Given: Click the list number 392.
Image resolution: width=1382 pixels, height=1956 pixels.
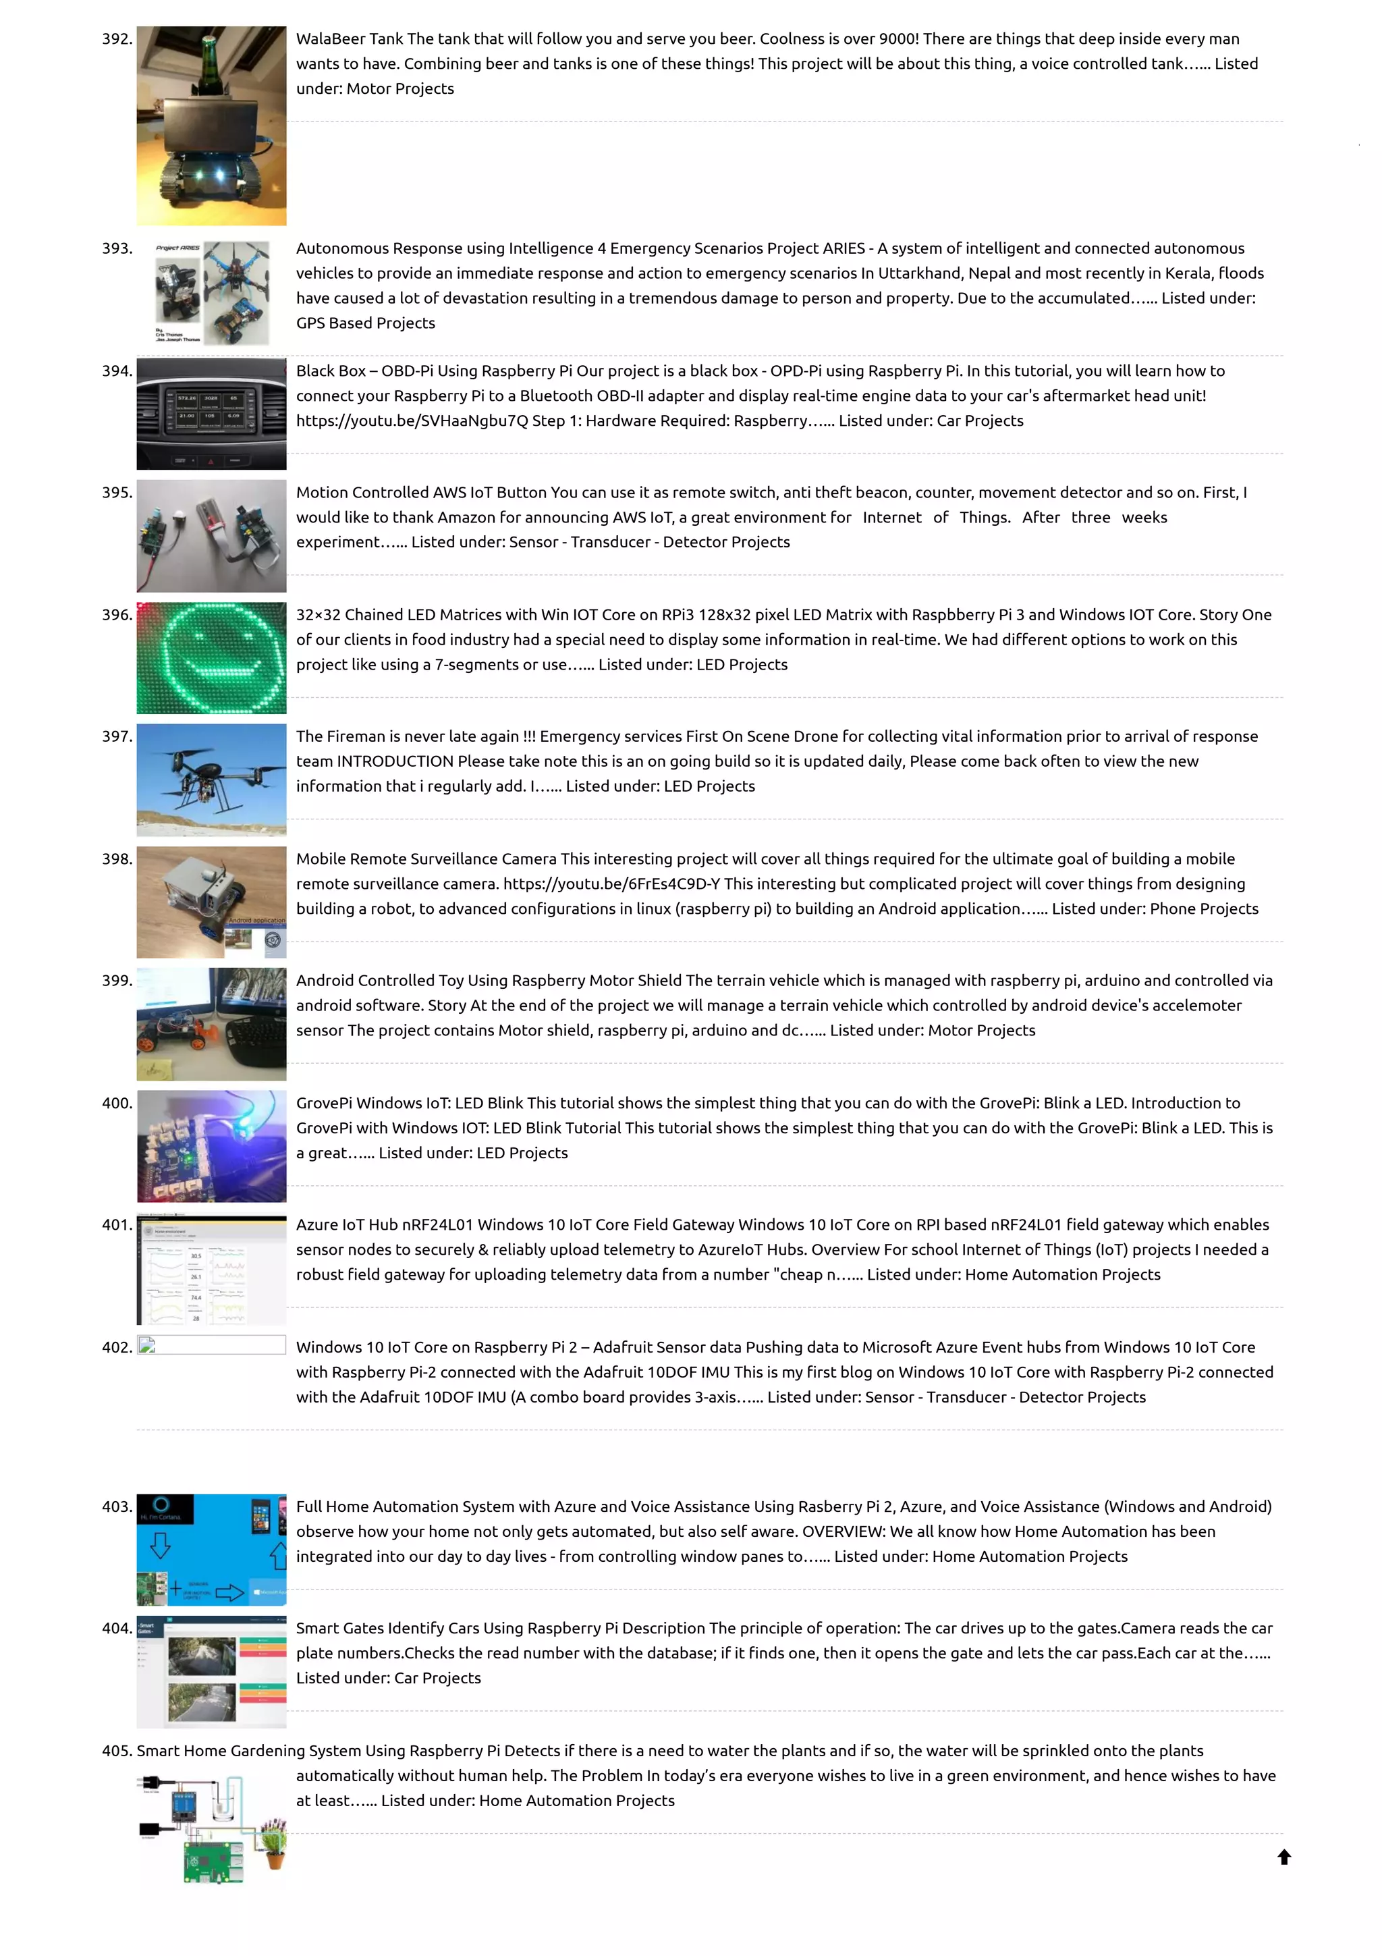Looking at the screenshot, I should coord(117,39).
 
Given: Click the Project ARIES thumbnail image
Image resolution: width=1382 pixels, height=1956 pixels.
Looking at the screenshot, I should coord(211,292).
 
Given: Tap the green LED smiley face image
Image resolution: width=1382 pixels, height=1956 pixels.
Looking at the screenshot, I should coord(211,657).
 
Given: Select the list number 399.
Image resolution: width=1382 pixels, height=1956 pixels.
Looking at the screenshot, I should coord(117,981).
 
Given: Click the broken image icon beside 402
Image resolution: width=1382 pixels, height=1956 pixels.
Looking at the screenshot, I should coord(147,1346).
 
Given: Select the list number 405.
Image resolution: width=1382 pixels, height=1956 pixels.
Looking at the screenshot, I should coord(117,1751).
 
